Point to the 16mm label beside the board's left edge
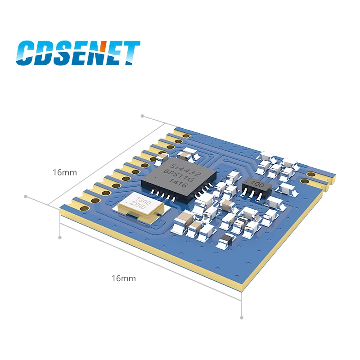65,172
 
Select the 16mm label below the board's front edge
123,279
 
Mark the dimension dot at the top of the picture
143,116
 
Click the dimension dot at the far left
26,196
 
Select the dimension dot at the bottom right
242,318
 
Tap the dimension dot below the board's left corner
60,237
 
